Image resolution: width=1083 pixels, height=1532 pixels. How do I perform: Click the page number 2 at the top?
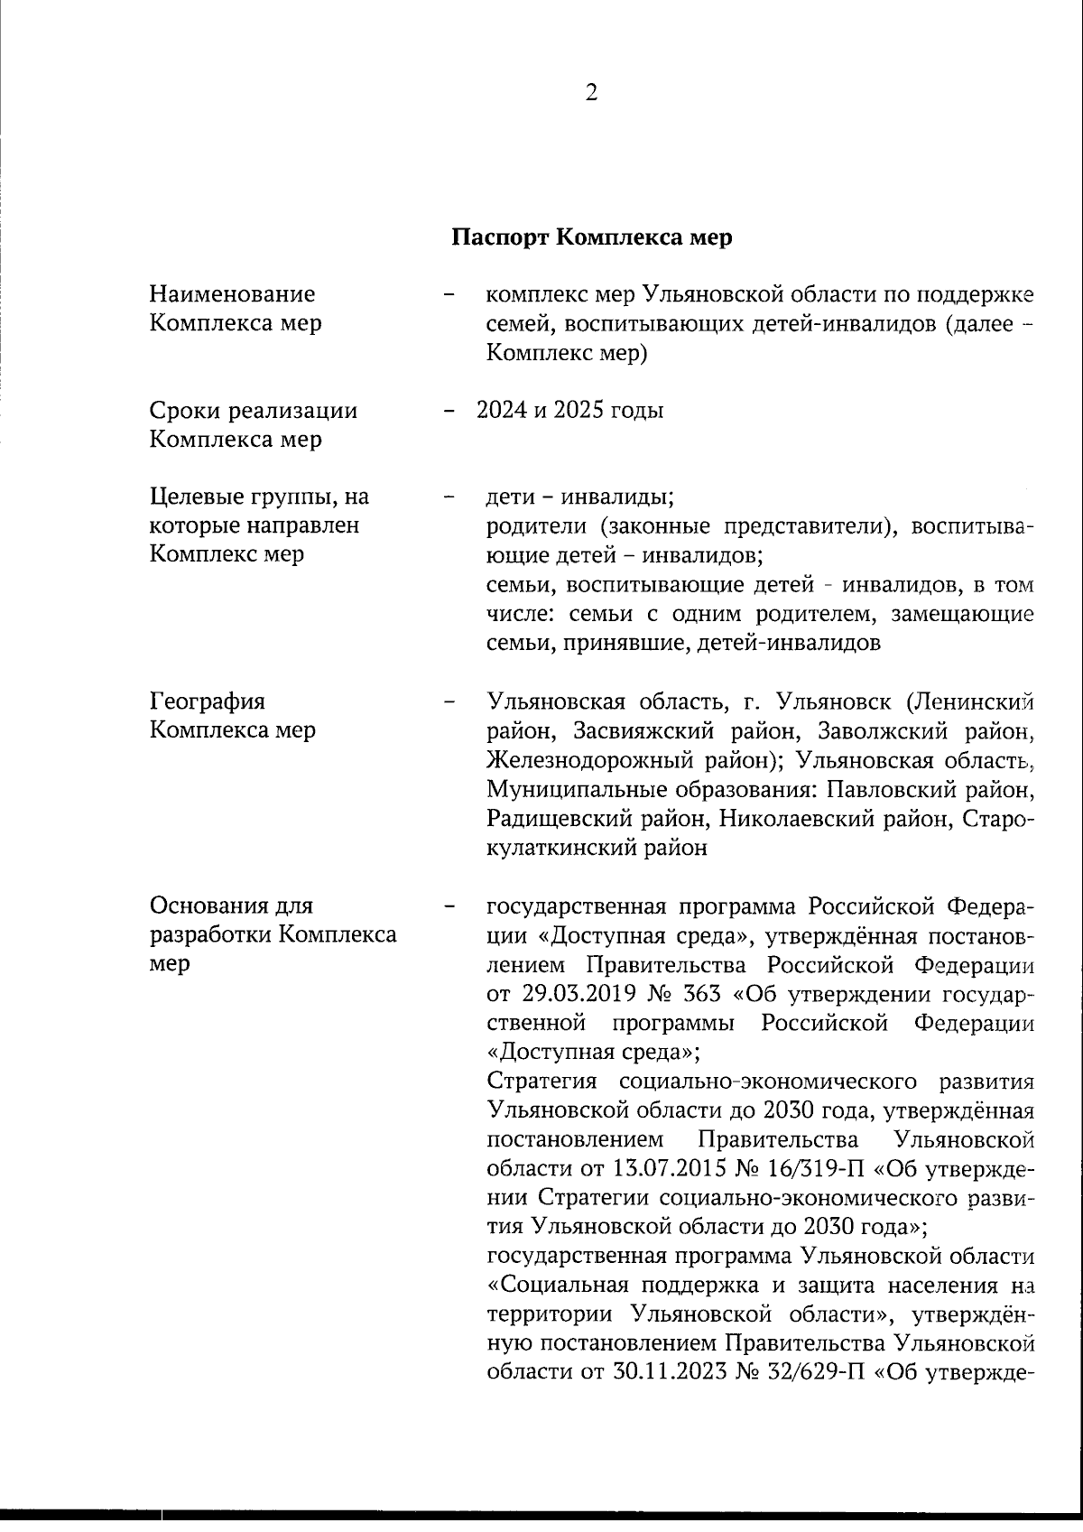point(591,93)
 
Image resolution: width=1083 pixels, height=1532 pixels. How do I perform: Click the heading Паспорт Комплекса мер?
point(591,237)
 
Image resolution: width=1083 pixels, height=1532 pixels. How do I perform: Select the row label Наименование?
point(232,293)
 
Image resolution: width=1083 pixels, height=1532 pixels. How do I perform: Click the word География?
point(207,701)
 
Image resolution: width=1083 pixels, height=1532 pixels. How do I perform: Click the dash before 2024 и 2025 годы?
point(448,411)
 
